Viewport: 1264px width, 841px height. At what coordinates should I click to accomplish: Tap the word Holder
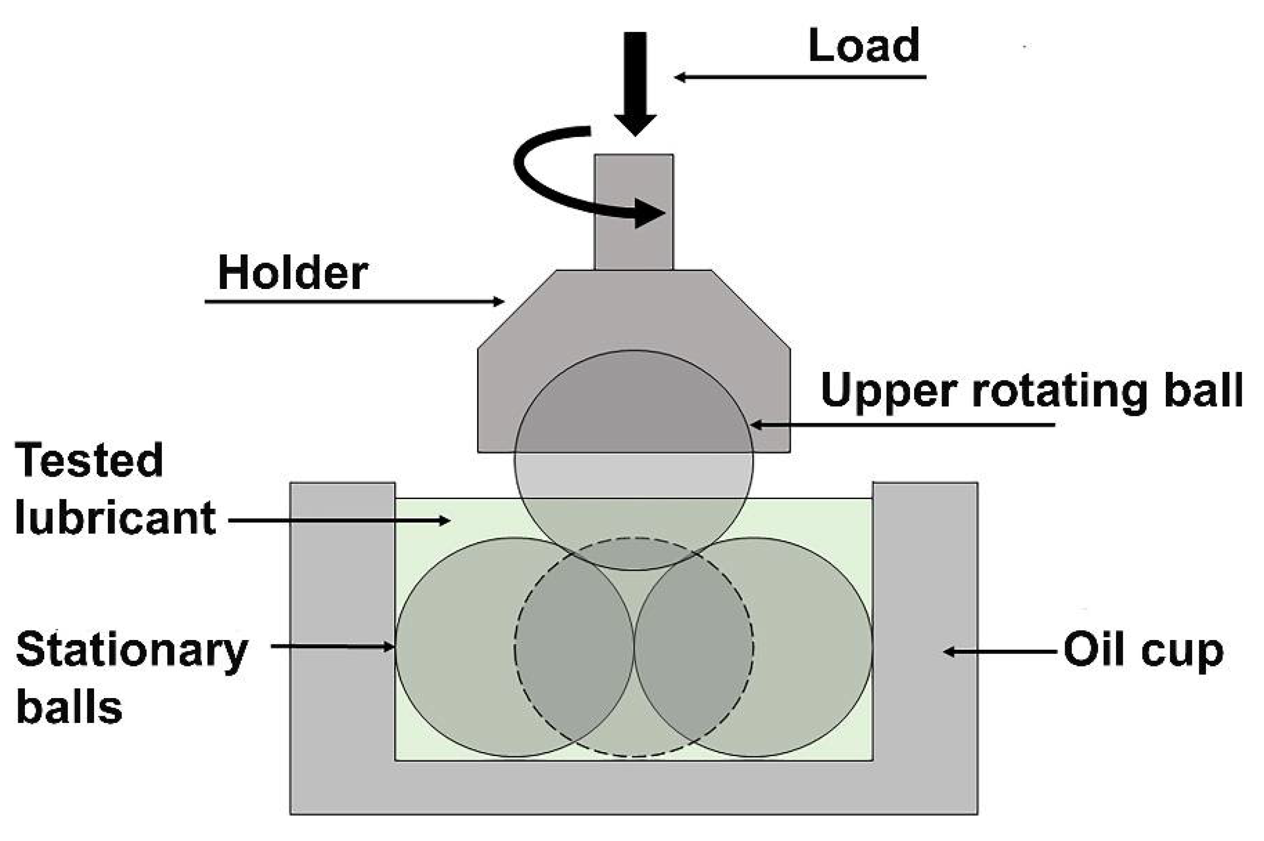[293, 273]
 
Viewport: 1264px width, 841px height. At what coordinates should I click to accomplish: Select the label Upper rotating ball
[1031, 391]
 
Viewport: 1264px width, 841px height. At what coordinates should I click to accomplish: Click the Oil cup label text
[1143, 651]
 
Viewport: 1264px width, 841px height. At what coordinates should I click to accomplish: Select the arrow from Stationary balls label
[333, 647]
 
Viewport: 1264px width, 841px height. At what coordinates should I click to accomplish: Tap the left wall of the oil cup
[342, 617]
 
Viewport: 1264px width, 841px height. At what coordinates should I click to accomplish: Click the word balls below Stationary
[70, 707]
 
